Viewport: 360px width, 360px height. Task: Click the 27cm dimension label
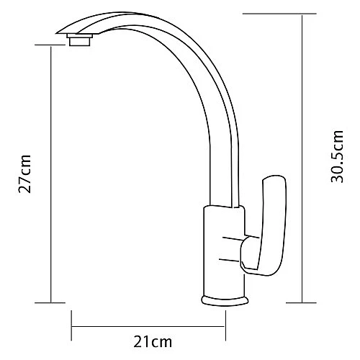(x=26, y=174)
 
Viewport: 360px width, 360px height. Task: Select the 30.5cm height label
(x=335, y=157)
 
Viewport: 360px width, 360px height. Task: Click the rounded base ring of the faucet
(x=226, y=300)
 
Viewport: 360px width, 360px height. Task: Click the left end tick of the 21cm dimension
(x=71, y=326)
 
